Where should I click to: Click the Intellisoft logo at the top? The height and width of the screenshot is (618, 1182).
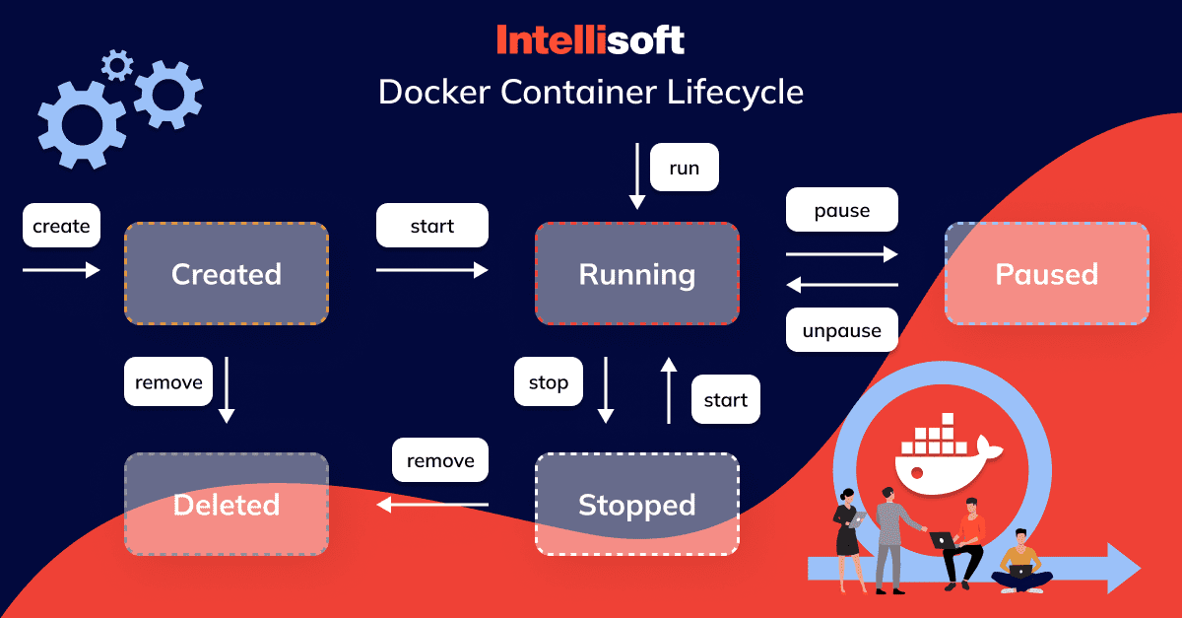[x=590, y=40]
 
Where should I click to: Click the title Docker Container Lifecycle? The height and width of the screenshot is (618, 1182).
[x=590, y=93]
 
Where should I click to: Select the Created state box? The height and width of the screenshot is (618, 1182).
[x=226, y=274]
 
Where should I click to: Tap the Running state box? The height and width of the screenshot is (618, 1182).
[x=636, y=274]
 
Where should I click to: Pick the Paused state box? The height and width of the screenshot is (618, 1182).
[x=1046, y=274]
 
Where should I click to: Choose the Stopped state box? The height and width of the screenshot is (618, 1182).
[x=636, y=505]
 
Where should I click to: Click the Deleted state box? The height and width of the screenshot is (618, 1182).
[x=226, y=505]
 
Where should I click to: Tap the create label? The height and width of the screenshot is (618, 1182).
[x=61, y=226]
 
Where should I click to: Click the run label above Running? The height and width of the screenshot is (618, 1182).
[x=684, y=168]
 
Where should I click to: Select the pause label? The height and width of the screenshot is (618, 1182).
[x=841, y=211]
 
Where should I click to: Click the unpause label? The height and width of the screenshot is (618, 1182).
[x=841, y=330]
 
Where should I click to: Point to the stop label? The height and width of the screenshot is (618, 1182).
[x=548, y=382]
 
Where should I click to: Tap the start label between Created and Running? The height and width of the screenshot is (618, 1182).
[x=431, y=226]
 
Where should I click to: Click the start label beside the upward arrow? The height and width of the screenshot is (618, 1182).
[x=725, y=399]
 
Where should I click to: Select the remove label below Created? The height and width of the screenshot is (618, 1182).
[x=167, y=381]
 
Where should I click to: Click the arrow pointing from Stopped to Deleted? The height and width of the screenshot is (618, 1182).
[x=433, y=505]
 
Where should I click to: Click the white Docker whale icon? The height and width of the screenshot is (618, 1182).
[x=942, y=453]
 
